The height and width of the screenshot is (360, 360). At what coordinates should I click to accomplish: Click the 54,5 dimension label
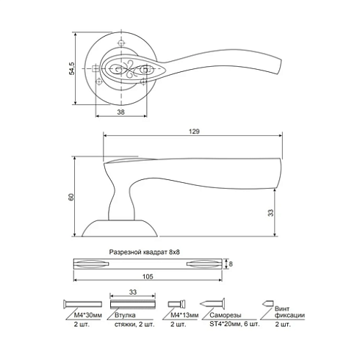pyautogui.click(x=71, y=68)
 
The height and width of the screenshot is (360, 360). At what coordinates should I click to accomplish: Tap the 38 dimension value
pyautogui.click(x=120, y=112)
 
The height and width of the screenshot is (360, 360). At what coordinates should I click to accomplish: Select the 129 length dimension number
pyautogui.click(x=194, y=132)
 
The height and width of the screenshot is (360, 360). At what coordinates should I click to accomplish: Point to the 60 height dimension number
pyautogui.click(x=71, y=197)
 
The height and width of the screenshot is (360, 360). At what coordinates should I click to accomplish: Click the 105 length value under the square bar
pyautogui.click(x=148, y=276)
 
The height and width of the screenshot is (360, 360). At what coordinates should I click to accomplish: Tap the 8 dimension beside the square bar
pyautogui.click(x=231, y=264)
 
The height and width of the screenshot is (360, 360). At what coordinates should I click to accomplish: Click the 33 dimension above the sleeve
pyautogui.click(x=133, y=292)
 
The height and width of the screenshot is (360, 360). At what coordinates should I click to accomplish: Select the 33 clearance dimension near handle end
pyautogui.click(x=270, y=212)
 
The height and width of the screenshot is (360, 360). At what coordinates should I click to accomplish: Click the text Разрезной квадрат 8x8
pyautogui.click(x=144, y=252)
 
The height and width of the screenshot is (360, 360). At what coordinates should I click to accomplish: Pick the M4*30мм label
pyautogui.click(x=87, y=315)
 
